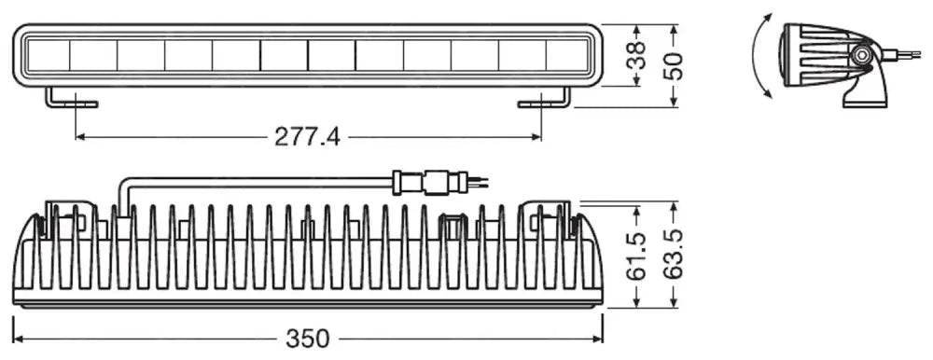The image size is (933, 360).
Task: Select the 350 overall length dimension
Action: (x=309, y=338)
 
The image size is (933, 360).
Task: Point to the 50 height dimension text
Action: (x=674, y=65)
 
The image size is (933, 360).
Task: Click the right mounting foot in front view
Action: (x=545, y=99)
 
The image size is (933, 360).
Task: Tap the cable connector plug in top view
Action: (x=425, y=181)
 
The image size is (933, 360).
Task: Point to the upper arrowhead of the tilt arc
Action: (x=770, y=17)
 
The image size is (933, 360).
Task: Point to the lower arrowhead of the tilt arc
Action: (x=767, y=92)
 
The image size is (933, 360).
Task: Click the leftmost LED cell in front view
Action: (x=46, y=55)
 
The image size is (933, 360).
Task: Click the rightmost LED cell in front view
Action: (x=567, y=55)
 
